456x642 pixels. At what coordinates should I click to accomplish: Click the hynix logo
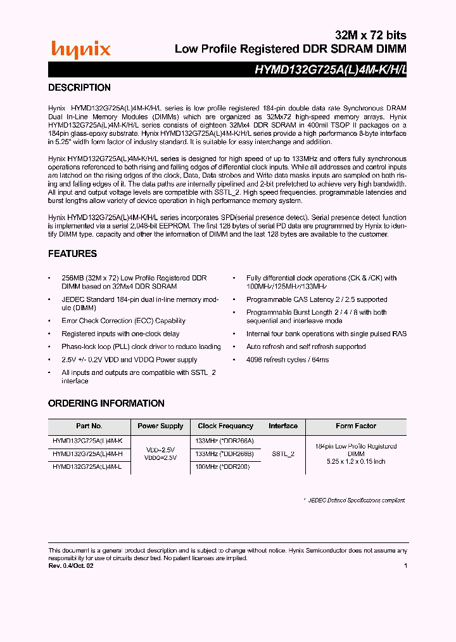pos(80,49)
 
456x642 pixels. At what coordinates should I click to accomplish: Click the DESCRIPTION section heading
pos(79,88)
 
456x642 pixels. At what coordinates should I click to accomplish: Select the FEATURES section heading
pos(72,254)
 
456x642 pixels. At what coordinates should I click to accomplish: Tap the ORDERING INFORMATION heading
pos(106,403)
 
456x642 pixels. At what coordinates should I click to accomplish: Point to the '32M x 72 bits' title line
pos(370,35)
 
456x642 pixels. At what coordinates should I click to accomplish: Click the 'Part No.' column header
pos(89,426)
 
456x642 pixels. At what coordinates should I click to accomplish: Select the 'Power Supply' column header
pos(160,426)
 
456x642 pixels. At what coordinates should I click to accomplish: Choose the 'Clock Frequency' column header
pos(225,426)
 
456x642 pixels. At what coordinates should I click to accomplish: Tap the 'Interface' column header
pos(283,426)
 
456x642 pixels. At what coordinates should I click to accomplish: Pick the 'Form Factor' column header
pos(356,426)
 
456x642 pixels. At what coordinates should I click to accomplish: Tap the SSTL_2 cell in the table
pos(283,454)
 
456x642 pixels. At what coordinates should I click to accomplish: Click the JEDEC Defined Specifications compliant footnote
pos(354,501)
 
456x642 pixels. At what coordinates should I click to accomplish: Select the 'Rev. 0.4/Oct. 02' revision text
pos(71,566)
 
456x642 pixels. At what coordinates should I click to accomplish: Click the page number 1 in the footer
pos(405,566)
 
